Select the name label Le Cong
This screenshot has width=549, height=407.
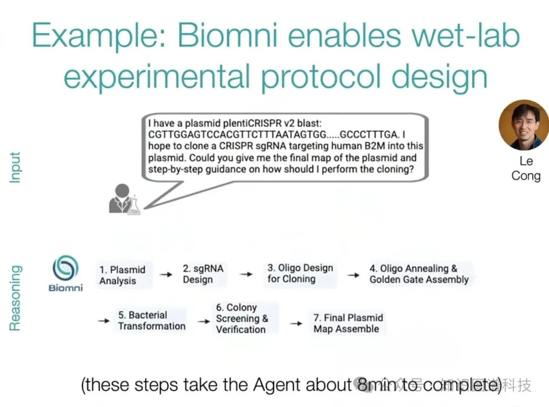point(526,168)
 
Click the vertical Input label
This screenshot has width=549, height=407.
point(15,167)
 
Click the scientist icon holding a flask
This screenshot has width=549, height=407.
point(124,199)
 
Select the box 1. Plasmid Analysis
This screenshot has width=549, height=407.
point(123,275)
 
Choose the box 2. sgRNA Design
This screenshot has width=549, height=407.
point(203,274)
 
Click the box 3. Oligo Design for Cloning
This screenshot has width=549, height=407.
point(300,273)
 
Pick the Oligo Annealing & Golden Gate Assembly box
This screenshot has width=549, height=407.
point(419,274)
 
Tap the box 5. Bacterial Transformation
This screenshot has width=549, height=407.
point(151,321)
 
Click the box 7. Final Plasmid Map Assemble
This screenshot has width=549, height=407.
point(348,323)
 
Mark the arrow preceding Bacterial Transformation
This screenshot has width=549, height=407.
point(104,321)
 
